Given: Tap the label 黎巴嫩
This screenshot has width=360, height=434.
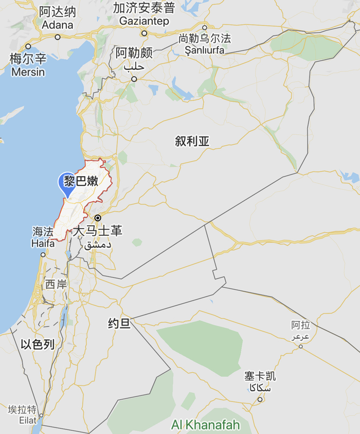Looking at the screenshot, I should [x=88, y=181].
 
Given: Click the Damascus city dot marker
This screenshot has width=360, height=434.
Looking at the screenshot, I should [x=98, y=218].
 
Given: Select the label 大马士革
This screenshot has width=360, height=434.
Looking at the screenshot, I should [x=98, y=230].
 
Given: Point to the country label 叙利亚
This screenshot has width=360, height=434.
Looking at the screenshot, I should [x=192, y=141].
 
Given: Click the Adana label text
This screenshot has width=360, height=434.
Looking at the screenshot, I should [x=58, y=25].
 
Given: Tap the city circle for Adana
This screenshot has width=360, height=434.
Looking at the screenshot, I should [x=58, y=37].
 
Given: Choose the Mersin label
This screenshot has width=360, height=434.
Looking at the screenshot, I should [x=28, y=72].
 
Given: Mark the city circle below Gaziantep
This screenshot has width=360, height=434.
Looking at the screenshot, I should [x=145, y=33].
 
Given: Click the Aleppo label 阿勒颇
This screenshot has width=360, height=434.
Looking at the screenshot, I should [x=134, y=53].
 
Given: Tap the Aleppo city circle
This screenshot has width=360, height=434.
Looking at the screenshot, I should [x=134, y=79].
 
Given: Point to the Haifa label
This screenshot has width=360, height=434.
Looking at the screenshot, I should [x=43, y=243].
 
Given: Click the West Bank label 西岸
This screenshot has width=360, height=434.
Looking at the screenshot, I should [x=56, y=284].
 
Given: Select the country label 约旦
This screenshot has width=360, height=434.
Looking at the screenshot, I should [x=119, y=323].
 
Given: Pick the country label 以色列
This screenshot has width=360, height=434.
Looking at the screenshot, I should [x=38, y=344].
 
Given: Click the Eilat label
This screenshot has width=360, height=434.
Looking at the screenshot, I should [x=22, y=420].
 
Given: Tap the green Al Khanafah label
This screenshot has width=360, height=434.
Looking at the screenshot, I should [x=206, y=425].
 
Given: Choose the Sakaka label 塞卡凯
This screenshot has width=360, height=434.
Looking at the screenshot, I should [x=260, y=376].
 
